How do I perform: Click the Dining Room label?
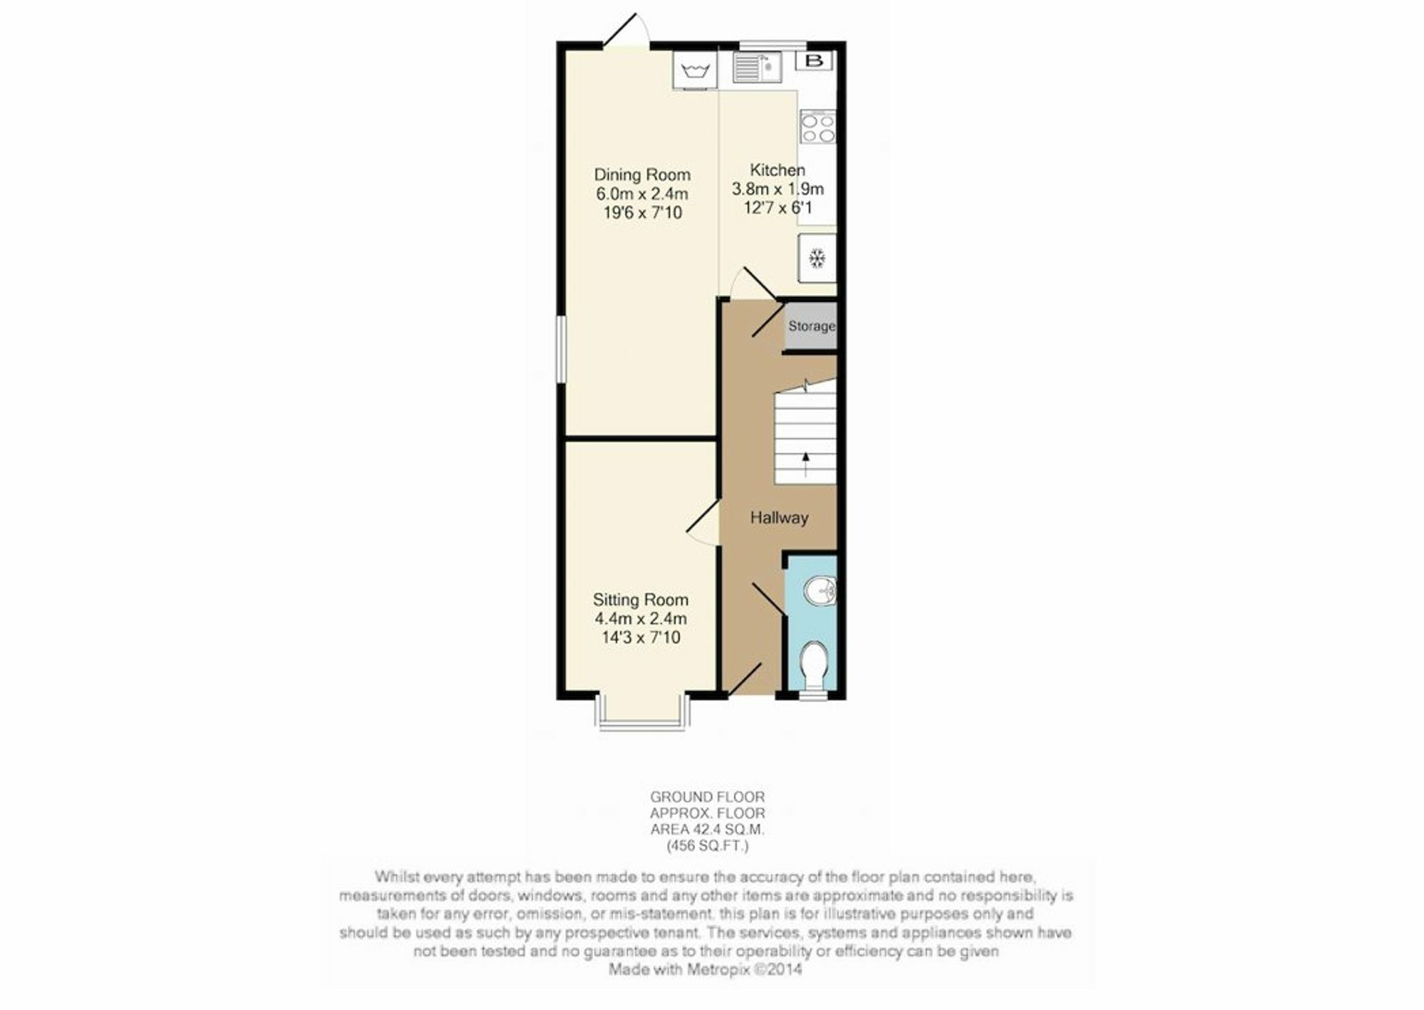pos(642,175)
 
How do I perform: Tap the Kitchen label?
pos(778,170)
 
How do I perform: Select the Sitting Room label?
pos(641,600)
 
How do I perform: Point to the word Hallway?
pos(779,518)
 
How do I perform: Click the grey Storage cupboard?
pos(810,327)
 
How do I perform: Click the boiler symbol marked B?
pos(814,61)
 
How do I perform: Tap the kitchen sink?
pos(758,67)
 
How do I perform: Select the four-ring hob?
pos(818,127)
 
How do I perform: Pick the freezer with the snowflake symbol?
pos(817,259)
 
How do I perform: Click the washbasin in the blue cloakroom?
pos(820,591)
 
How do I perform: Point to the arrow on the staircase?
pos(805,464)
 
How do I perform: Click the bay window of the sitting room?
pos(643,726)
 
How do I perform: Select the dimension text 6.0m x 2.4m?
pos(642,194)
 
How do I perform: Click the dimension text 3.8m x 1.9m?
pos(778,189)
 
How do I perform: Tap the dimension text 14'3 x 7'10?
pos(642,637)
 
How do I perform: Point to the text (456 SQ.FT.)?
pos(708,846)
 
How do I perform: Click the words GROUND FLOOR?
pos(708,797)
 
